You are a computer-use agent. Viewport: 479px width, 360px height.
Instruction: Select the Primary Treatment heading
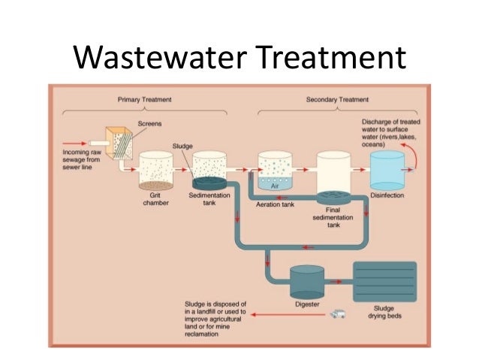tap(144, 99)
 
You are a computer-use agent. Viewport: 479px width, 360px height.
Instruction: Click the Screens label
tap(149, 123)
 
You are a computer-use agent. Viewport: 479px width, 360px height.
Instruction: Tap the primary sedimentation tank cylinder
tap(209, 169)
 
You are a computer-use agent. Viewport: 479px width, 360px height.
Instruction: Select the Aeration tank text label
tap(275, 203)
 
